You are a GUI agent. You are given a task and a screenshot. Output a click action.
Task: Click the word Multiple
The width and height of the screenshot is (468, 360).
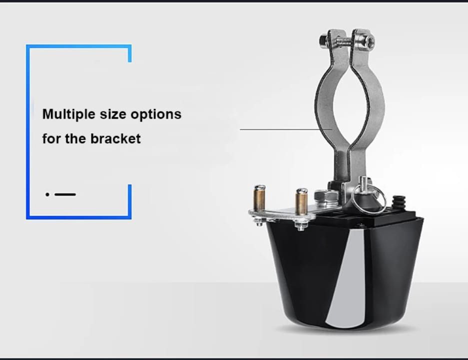(68, 114)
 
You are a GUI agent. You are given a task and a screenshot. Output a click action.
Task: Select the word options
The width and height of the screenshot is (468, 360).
(156, 114)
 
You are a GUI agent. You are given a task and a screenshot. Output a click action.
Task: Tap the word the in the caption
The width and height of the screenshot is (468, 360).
(76, 138)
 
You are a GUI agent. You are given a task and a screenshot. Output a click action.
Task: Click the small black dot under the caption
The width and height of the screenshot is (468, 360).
(47, 194)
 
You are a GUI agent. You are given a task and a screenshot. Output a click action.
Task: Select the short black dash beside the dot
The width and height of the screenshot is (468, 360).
(65, 194)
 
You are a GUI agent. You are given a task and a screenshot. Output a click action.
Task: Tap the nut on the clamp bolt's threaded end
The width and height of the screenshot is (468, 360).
(323, 39)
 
